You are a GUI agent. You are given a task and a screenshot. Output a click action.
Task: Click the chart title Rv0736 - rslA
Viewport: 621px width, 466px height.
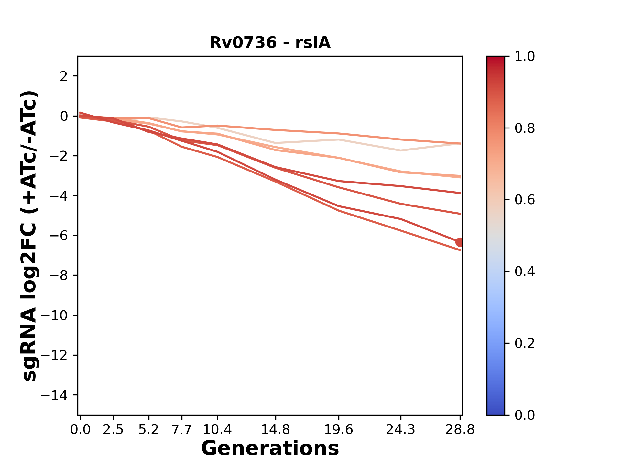pos(270,43)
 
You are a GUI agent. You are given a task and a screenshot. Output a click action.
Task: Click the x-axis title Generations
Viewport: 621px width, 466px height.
pos(270,449)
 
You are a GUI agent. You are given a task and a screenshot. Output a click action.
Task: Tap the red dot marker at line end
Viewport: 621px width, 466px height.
pos(460,242)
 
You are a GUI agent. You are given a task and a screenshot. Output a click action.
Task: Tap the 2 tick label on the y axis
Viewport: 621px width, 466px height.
pos(64,76)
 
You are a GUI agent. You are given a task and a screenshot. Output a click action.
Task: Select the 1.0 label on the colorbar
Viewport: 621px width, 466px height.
pos(525,57)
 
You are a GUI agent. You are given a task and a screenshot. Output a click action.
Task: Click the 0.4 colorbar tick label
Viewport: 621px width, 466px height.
pos(525,272)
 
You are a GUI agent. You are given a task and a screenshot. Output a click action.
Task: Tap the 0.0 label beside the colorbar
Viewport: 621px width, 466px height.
pos(525,415)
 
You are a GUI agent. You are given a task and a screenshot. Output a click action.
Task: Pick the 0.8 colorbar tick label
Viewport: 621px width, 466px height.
pos(525,128)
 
